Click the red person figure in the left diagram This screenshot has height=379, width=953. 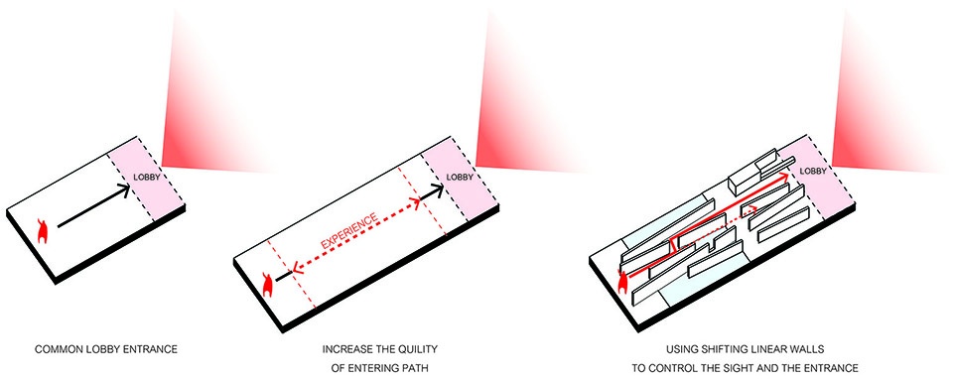click(x=43, y=231)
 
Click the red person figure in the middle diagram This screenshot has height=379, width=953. click(x=266, y=284)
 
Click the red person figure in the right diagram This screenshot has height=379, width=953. click(x=622, y=282)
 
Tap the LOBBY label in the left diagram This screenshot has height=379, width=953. click(x=146, y=178)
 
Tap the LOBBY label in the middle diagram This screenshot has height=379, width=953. click(x=459, y=177)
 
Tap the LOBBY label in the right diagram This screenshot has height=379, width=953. click(x=813, y=172)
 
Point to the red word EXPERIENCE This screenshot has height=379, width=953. click(x=348, y=230)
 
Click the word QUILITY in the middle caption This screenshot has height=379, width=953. click(x=419, y=350)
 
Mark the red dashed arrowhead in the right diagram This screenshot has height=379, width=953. click(x=753, y=209)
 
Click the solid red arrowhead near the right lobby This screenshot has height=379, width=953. click(x=784, y=175)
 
